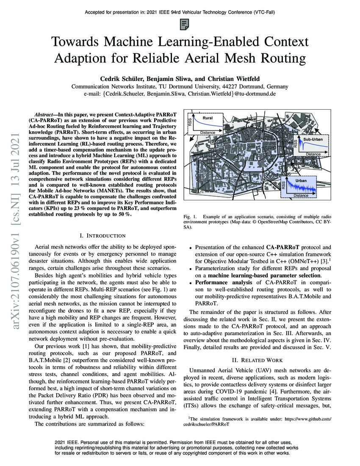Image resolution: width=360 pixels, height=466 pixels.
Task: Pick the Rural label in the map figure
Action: pyautogui.click(x=207, y=118)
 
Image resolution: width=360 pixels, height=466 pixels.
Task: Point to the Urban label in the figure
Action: pyautogui.click(x=301, y=180)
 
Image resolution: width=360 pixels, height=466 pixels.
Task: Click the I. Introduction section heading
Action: pyautogui.click(x=102, y=236)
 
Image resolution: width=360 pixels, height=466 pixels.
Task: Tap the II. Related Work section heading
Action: pyautogui.click(x=258, y=361)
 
